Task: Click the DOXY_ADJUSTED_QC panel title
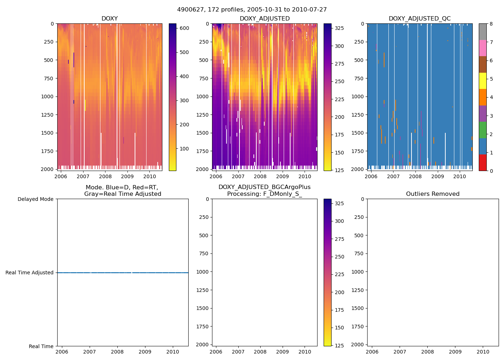coord(419,19)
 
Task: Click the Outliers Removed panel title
coord(433,194)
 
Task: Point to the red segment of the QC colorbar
coord(482,162)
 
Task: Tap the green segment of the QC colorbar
coord(482,130)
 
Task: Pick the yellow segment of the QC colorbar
coord(482,81)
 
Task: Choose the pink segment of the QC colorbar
coord(482,48)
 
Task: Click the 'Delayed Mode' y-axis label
coord(35,199)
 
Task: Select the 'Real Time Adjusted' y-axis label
coord(29,273)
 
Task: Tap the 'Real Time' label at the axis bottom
coord(41,346)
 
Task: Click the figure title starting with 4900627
coord(252,10)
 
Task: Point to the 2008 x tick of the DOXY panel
coord(105,176)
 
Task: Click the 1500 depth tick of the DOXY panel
coord(47,133)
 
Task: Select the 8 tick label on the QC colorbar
coord(491,24)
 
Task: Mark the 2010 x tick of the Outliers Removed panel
coord(483,352)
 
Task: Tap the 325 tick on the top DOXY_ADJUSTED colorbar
coord(339,28)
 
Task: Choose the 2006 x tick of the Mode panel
coord(62,352)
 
